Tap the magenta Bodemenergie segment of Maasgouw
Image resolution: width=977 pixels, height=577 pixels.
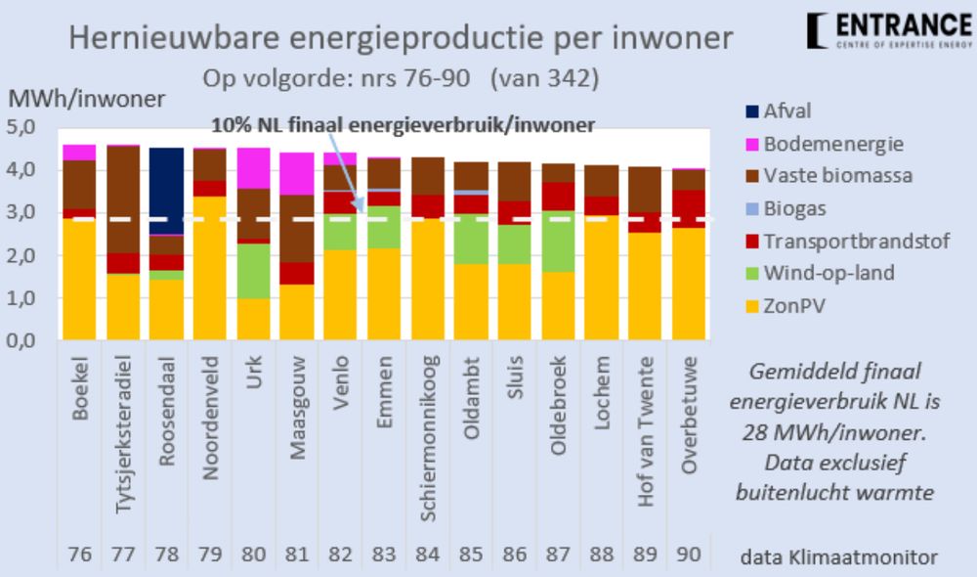pyautogui.click(x=297, y=173)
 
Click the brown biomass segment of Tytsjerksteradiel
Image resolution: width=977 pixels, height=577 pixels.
pyautogui.click(x=122, y=200)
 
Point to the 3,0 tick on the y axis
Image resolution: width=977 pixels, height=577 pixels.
pyautogui.click(x=21, y=212)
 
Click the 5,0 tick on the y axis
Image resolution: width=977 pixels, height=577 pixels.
pyautogui.click(x=21, y=127)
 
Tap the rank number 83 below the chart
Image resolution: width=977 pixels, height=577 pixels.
pyautogui.click(x=381, y=555)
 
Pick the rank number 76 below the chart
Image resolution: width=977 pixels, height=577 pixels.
pyautogui.click(x=79, y=555)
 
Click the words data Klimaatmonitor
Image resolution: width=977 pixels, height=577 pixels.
pyautogui.click(x=839, y=556)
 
